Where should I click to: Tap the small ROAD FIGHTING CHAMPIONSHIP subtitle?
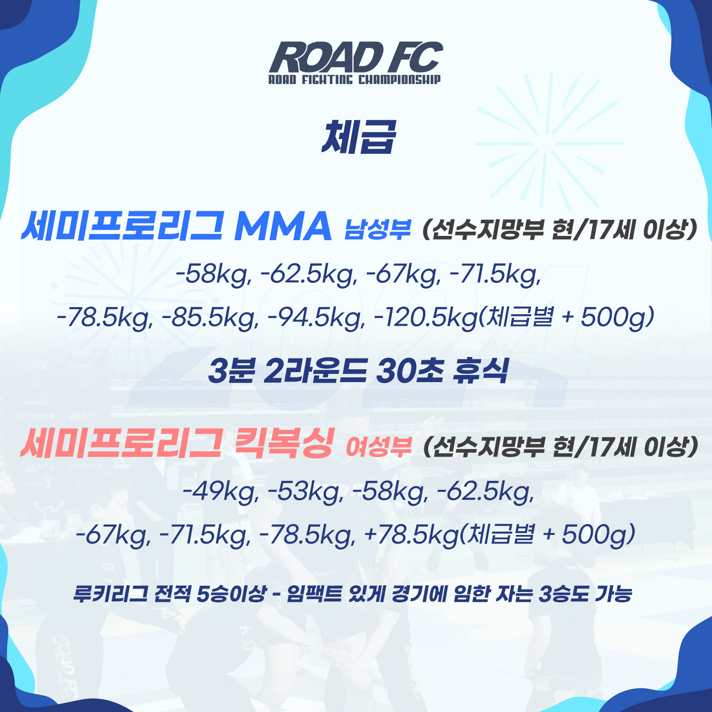click(x=355, y=79)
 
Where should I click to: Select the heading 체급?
click(x=358, y=137)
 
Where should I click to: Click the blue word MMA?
click(x=283, y=226)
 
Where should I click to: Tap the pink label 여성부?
click(x=378, y=446)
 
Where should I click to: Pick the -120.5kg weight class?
click(x=425, y=318)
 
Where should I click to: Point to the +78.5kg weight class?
click(x=411, y=535)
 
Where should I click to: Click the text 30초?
click(x=411, y=371)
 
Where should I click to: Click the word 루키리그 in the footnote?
click(x=111, y=594)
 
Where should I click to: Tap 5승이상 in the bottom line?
click(x=231, y=594)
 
